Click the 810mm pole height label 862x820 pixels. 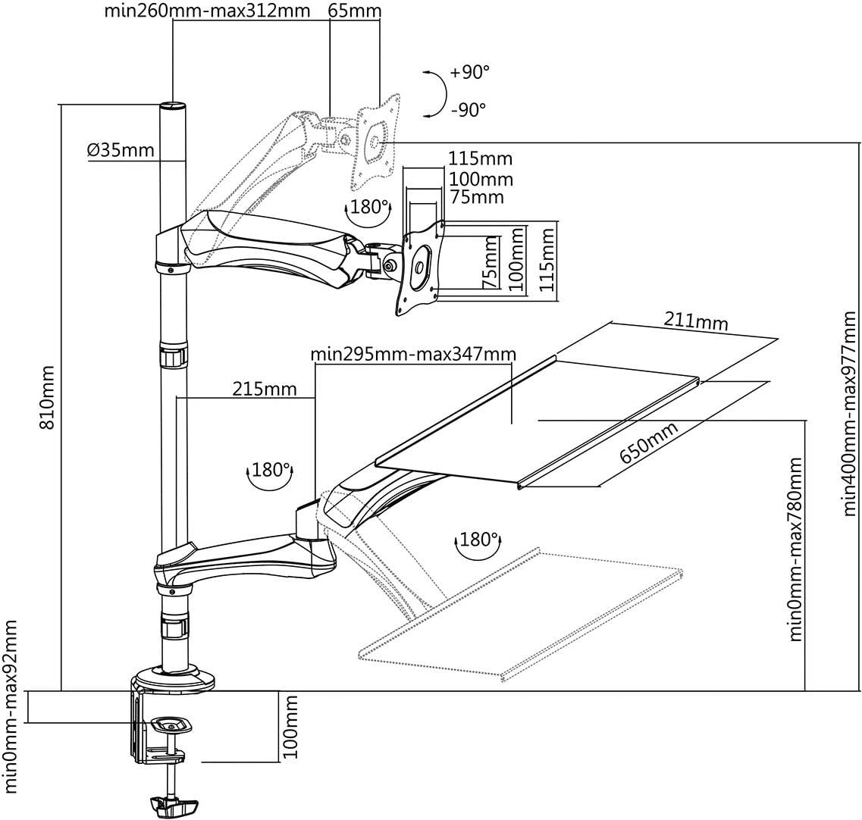point(47,398)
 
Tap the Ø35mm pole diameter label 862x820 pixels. point(121,150)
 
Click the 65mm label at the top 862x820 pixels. point(356,11)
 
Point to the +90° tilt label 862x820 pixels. point(469,73)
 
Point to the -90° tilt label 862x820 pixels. point(468,110)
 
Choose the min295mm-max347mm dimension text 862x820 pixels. point(413,354)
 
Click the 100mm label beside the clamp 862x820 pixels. point(290,728)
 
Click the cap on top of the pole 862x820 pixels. point(173,107)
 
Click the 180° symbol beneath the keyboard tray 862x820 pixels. point(478,541)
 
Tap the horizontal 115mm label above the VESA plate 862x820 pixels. point(480,159)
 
